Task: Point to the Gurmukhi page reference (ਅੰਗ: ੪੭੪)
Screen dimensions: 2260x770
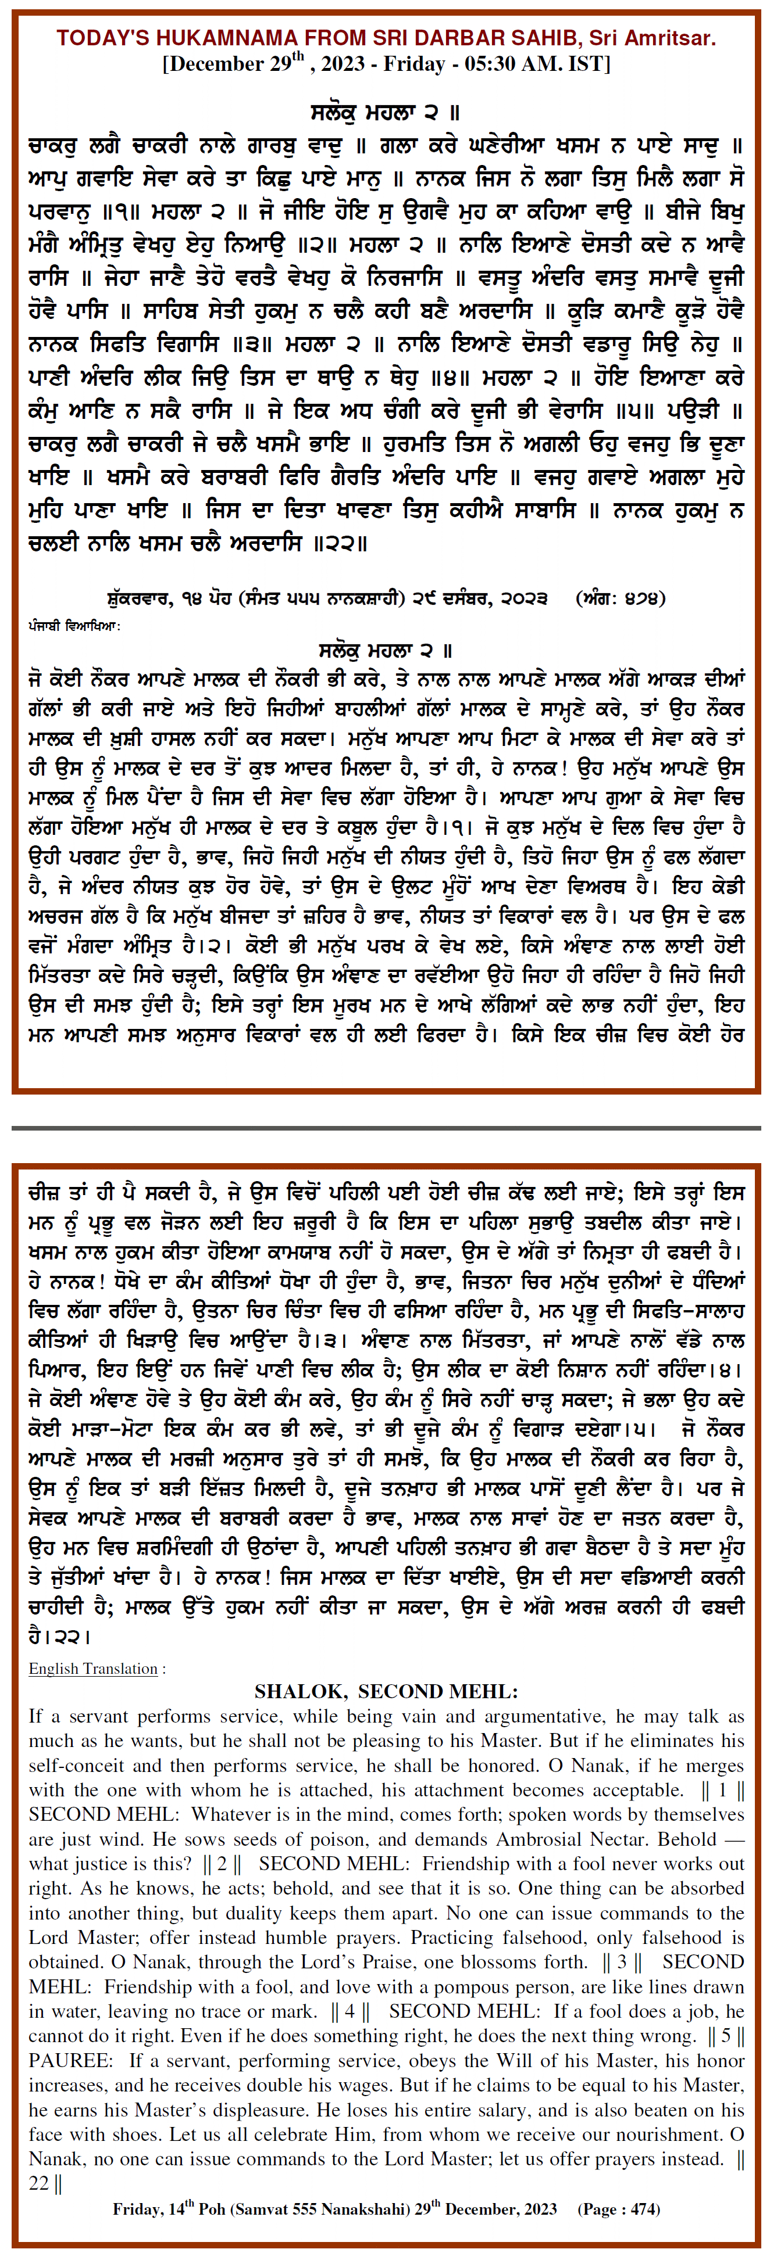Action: (620, 598)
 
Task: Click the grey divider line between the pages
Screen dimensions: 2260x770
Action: (384, 1128)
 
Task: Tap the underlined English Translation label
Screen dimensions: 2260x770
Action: (93, 1669)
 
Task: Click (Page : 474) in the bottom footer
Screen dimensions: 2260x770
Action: (618, 2209)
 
